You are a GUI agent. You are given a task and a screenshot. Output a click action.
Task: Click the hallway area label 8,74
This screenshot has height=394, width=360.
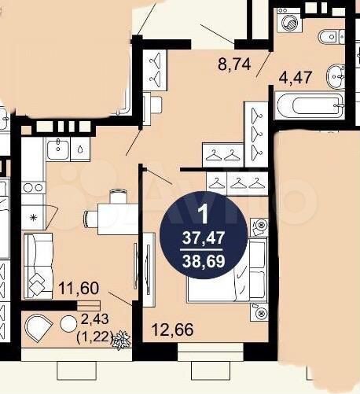coord(234,64)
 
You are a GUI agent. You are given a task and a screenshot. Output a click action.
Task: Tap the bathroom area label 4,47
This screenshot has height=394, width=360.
coord(296,77)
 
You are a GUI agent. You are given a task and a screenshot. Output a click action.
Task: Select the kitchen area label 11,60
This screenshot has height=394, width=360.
coord(79,288)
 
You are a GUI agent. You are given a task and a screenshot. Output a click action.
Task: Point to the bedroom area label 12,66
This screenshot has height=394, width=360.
coord(173,330)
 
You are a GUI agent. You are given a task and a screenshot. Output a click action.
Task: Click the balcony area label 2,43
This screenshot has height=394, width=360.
coord(95,319)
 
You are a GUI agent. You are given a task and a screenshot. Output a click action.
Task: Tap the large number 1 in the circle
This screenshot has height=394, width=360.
coord(204,215)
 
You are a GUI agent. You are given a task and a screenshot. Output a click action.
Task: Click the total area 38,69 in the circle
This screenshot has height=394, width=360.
coord(204,261)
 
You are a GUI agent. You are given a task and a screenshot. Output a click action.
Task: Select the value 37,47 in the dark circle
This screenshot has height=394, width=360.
coord(204,238)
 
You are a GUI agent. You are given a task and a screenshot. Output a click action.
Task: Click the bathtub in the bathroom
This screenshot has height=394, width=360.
coord(309,105)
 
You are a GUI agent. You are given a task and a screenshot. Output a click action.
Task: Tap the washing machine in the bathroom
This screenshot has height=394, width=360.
coord(288,20)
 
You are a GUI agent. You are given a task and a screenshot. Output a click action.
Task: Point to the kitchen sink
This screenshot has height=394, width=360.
coord(58,149)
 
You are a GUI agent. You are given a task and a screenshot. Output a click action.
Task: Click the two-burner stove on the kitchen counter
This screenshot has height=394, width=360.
coord(33,188)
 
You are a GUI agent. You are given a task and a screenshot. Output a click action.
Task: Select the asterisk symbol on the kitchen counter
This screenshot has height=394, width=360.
coord(33,217)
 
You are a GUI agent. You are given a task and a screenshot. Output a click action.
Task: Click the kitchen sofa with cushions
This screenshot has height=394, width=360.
coord(39,266)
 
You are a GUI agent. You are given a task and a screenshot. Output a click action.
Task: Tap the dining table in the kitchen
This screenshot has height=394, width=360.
coord(118,219)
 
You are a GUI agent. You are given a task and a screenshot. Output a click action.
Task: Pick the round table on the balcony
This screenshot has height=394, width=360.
coord(68,324)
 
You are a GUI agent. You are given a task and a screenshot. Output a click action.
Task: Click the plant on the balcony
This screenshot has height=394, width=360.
coord(121,340)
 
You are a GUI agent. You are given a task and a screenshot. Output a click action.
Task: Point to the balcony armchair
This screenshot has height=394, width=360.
coord(39,328)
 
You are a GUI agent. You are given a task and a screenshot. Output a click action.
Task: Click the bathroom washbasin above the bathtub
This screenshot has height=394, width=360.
coord(335,76)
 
